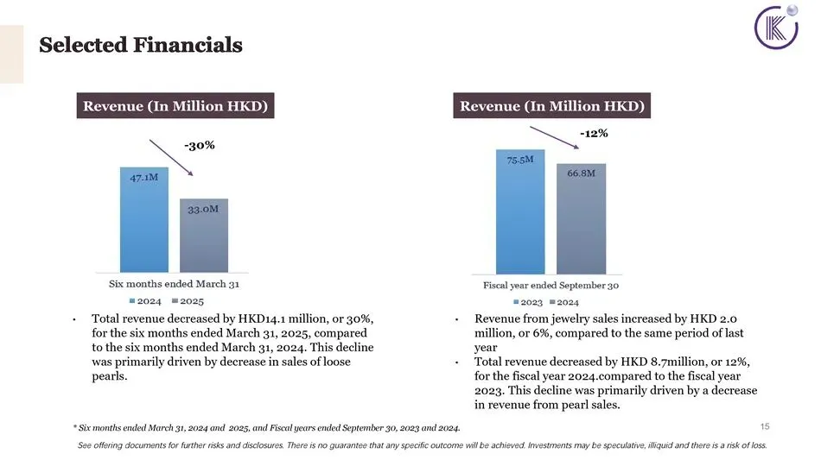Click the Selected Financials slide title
[141, 45]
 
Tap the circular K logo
[776, 27]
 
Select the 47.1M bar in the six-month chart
[144, 219]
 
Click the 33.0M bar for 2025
[204, 236]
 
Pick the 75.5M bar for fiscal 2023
[520, 211]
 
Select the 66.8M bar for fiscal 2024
[582, 218]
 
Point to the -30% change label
[200, 145]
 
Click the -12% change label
[594, 133]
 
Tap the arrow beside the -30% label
[171, 157]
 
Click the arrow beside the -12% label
[555, 137]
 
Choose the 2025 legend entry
[188, 301]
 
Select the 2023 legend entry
[528, 302]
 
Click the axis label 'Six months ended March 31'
[174, 284]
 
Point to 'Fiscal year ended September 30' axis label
[551, 286]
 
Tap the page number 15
[765, 426]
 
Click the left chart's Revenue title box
[175, 105]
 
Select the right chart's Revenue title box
[552, 105]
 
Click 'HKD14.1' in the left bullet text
[262, 318]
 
